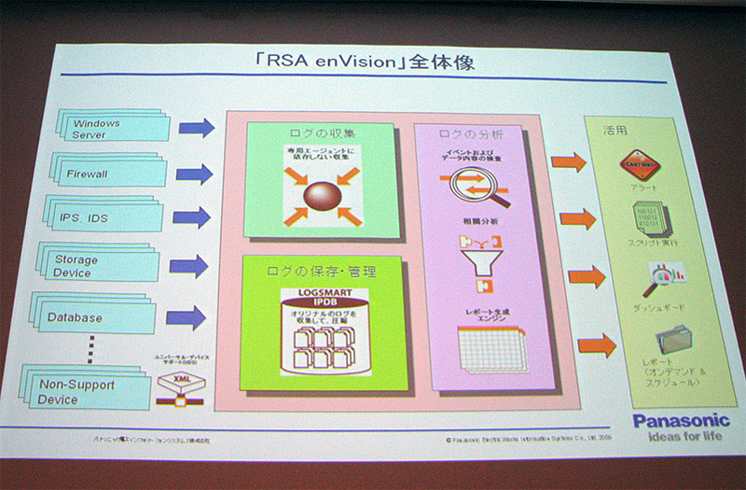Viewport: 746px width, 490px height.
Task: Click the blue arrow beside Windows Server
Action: [x=196, y=127]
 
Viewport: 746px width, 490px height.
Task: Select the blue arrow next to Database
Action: [x=186, y=318]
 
